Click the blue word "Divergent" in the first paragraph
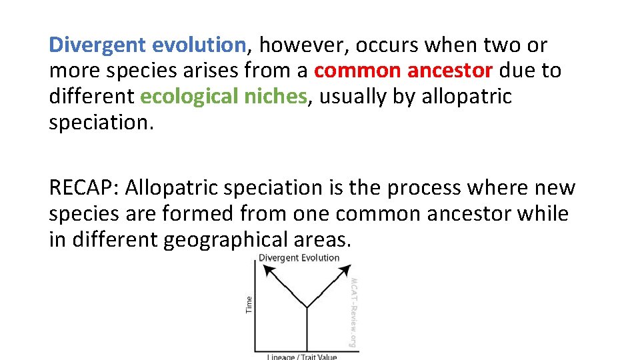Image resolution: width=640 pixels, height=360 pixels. click(98, 45)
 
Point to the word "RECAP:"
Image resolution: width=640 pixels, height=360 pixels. click(83, 188)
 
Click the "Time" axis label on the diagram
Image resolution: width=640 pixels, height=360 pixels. click(249, 304)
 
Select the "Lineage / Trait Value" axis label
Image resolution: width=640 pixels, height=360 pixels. click(301, 357)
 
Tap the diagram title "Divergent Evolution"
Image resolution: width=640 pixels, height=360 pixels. click(299, 258)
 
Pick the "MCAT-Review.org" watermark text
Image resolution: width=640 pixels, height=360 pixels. click(354, 312)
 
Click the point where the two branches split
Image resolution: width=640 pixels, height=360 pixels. click(306, 307)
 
